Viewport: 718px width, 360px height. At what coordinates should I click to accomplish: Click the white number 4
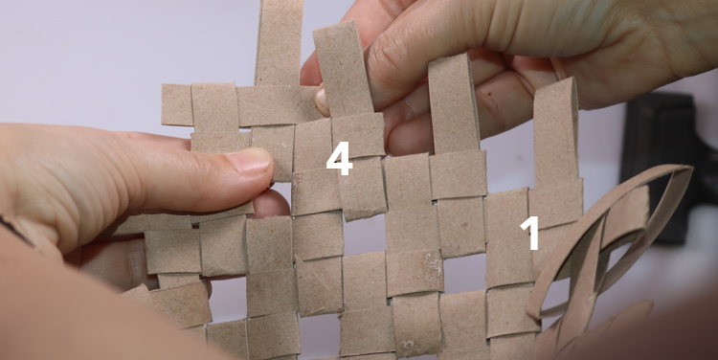tap(339, 158)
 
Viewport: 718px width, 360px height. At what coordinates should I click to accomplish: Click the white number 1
tap(530, 233)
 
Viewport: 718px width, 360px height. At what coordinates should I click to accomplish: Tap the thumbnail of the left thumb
tap(250, 161)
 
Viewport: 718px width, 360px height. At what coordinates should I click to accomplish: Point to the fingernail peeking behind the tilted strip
tap(323, 101)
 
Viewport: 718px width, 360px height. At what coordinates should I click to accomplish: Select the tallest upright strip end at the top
tap(280, 42)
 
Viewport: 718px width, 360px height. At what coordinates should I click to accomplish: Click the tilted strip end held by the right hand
tap(344, 68)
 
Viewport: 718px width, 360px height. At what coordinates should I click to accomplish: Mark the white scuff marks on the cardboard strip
tap(433, 265)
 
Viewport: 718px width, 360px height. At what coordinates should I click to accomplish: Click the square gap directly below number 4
tap(363, 236)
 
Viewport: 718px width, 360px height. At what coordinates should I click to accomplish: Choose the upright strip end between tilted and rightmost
tap(454, 103)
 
